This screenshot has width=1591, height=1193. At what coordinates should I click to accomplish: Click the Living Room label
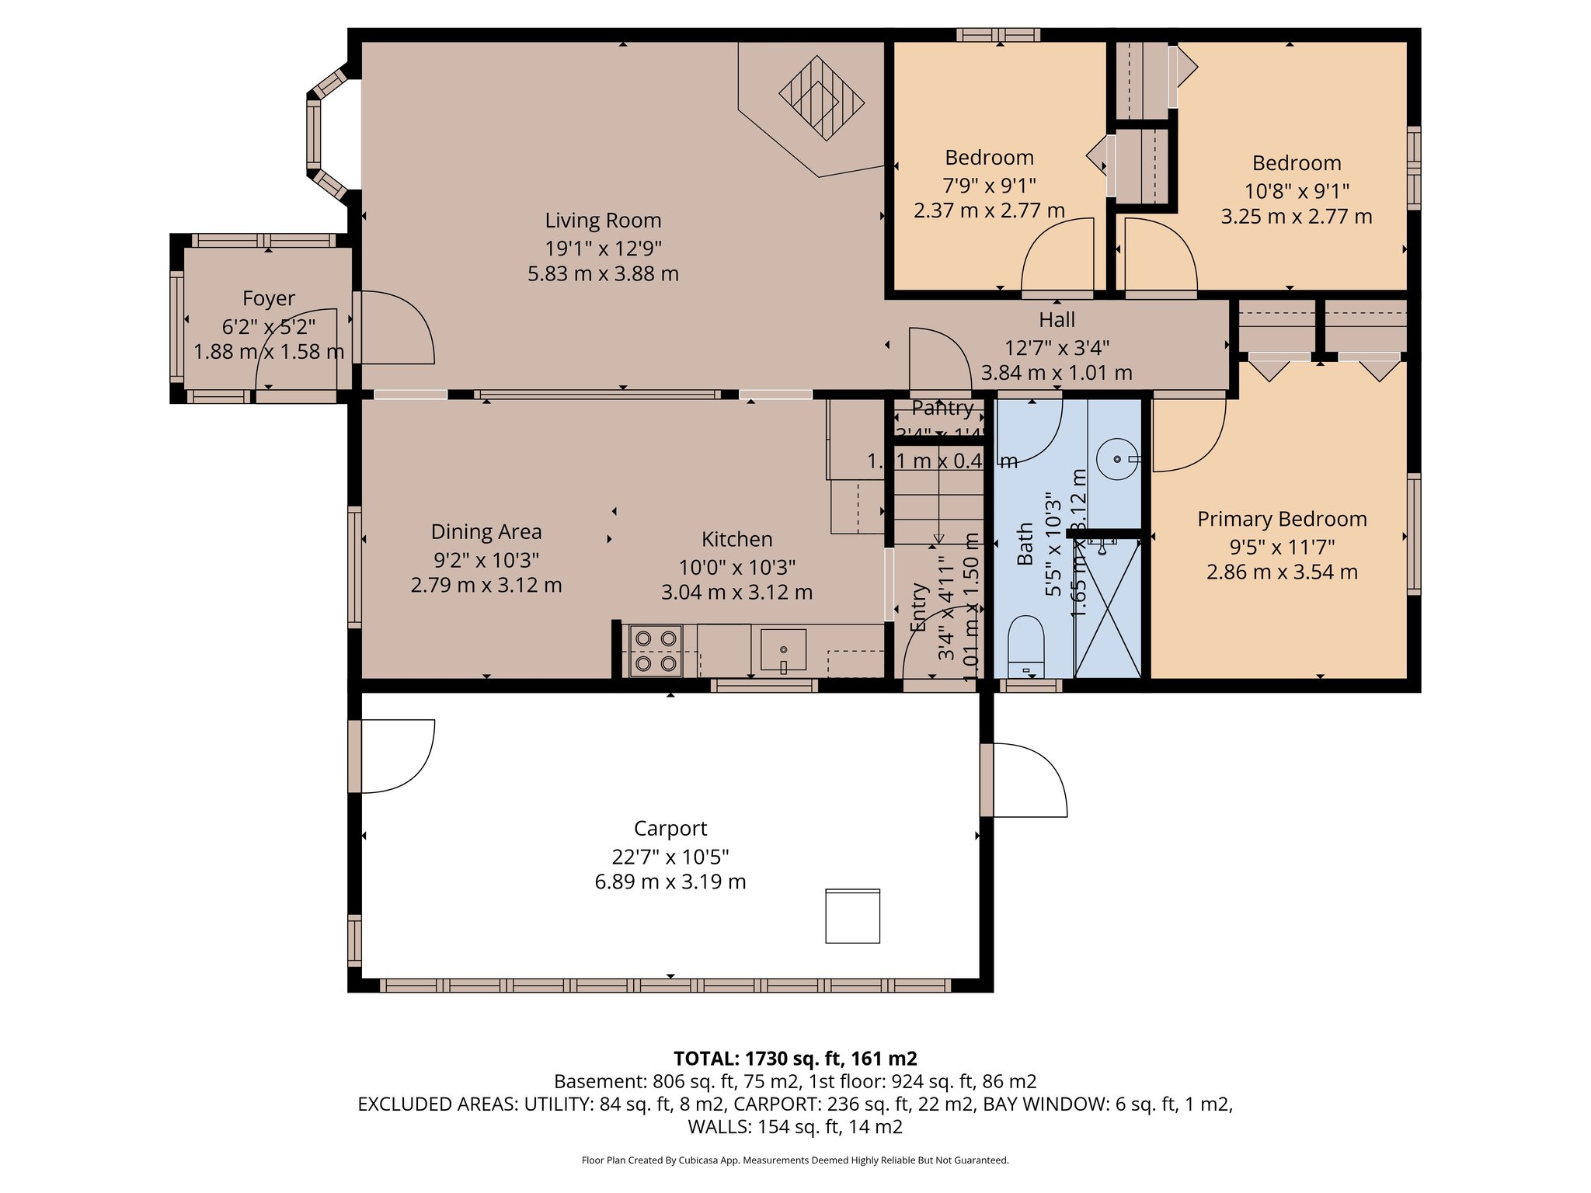click(603, 221)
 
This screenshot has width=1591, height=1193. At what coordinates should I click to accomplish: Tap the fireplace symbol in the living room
click(821, 99)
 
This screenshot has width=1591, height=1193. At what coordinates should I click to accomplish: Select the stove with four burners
click(656, 651)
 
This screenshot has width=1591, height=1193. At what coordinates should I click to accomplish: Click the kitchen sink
click(783, 650)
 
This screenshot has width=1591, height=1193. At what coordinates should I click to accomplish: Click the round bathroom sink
click(1117, 459)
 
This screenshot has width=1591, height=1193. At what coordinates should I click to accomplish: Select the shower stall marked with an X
click(1107, 610)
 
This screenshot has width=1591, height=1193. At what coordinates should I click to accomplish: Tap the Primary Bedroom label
click(1282, 520)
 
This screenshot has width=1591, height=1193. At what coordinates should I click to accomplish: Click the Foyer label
click(269, 299)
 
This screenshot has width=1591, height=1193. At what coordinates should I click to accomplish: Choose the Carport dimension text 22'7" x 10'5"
click(670, 857)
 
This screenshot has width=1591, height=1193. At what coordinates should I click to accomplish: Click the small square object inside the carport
click(852, 916)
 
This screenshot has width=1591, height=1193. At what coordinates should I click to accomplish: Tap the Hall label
click(1057, 320)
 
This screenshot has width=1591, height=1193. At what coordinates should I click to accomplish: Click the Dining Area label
click(486, 532)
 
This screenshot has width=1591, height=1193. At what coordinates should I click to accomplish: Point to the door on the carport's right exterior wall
click(1025, 780)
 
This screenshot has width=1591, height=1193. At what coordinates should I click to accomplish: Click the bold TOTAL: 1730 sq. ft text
click(795, 1059)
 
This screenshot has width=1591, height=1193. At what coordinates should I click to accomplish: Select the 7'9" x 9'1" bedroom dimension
click(989, 186)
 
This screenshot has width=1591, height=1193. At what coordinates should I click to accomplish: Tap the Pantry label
click(942, 408)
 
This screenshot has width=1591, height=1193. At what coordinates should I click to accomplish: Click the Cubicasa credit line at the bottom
click(795, 1160)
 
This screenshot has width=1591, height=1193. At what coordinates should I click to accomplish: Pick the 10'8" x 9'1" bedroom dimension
click(1297, 191)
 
